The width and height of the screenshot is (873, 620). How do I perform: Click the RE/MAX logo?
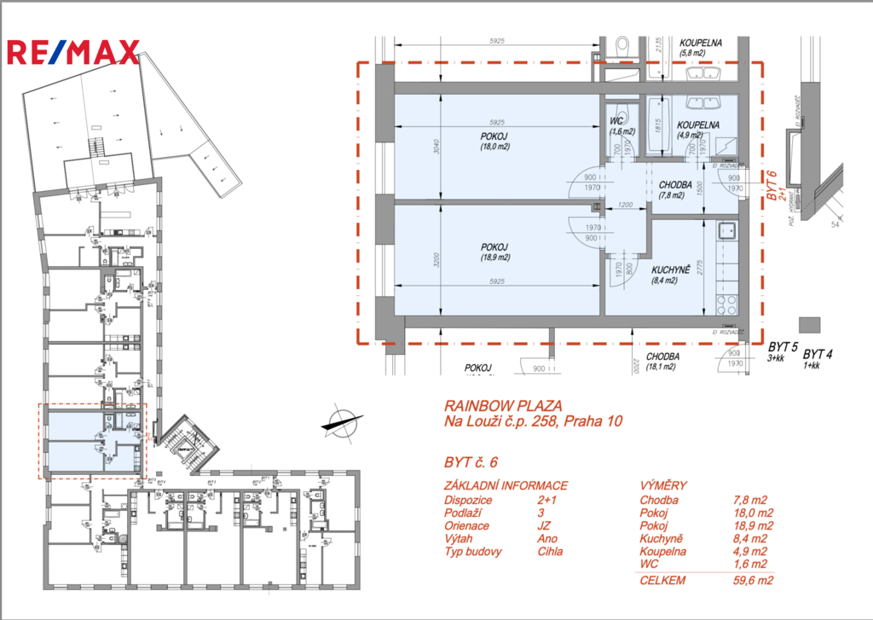(72, 52)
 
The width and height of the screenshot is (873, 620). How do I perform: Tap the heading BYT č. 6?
(471, 463)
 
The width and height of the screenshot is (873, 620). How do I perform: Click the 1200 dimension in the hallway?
(625, 206)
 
